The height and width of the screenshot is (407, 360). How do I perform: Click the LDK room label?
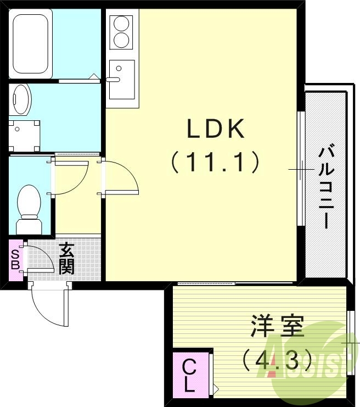pyautogui.click(x=216, y=129)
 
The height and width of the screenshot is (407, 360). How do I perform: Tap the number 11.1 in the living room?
pyautogui.click(x=215, y=162)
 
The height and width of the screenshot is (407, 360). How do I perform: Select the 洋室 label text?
pyautogui.click(x=277, y=326)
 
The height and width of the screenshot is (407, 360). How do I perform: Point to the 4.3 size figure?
pyautogui.click(x=277, y=360)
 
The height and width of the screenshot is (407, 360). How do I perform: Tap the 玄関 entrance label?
pyautogui.click(x=66, y=259)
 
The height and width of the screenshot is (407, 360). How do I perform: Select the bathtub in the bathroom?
pyautogui.click(x=31, y=43)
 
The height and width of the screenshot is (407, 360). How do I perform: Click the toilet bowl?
pyautogui.click(x=29, y=209)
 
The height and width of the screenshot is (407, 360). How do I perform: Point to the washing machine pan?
pyautogui.click(x=24, y=136)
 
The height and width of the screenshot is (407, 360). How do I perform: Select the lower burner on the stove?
pyautogui.click(x=121, y=40)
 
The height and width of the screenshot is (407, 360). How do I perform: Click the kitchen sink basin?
pyautogui.click(x=122, y=80)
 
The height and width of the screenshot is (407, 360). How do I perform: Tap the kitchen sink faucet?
pyautogui.click(x=113, y=80)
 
